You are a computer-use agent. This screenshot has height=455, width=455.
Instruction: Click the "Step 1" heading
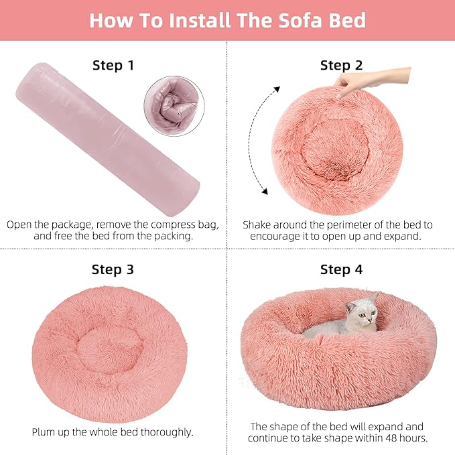pyautogui.click(x=113, y=65)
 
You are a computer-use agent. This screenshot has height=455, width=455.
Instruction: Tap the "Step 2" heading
pyautogui.click(x=341, y=65)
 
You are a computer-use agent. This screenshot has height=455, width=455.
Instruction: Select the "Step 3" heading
pyautogui.click(x=113, y=270)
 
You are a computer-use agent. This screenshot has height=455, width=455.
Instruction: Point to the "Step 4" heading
pyautogui.click(x=341, y=270)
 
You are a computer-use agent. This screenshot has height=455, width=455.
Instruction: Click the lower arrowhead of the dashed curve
pyautogui.click(x=265, y=192)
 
